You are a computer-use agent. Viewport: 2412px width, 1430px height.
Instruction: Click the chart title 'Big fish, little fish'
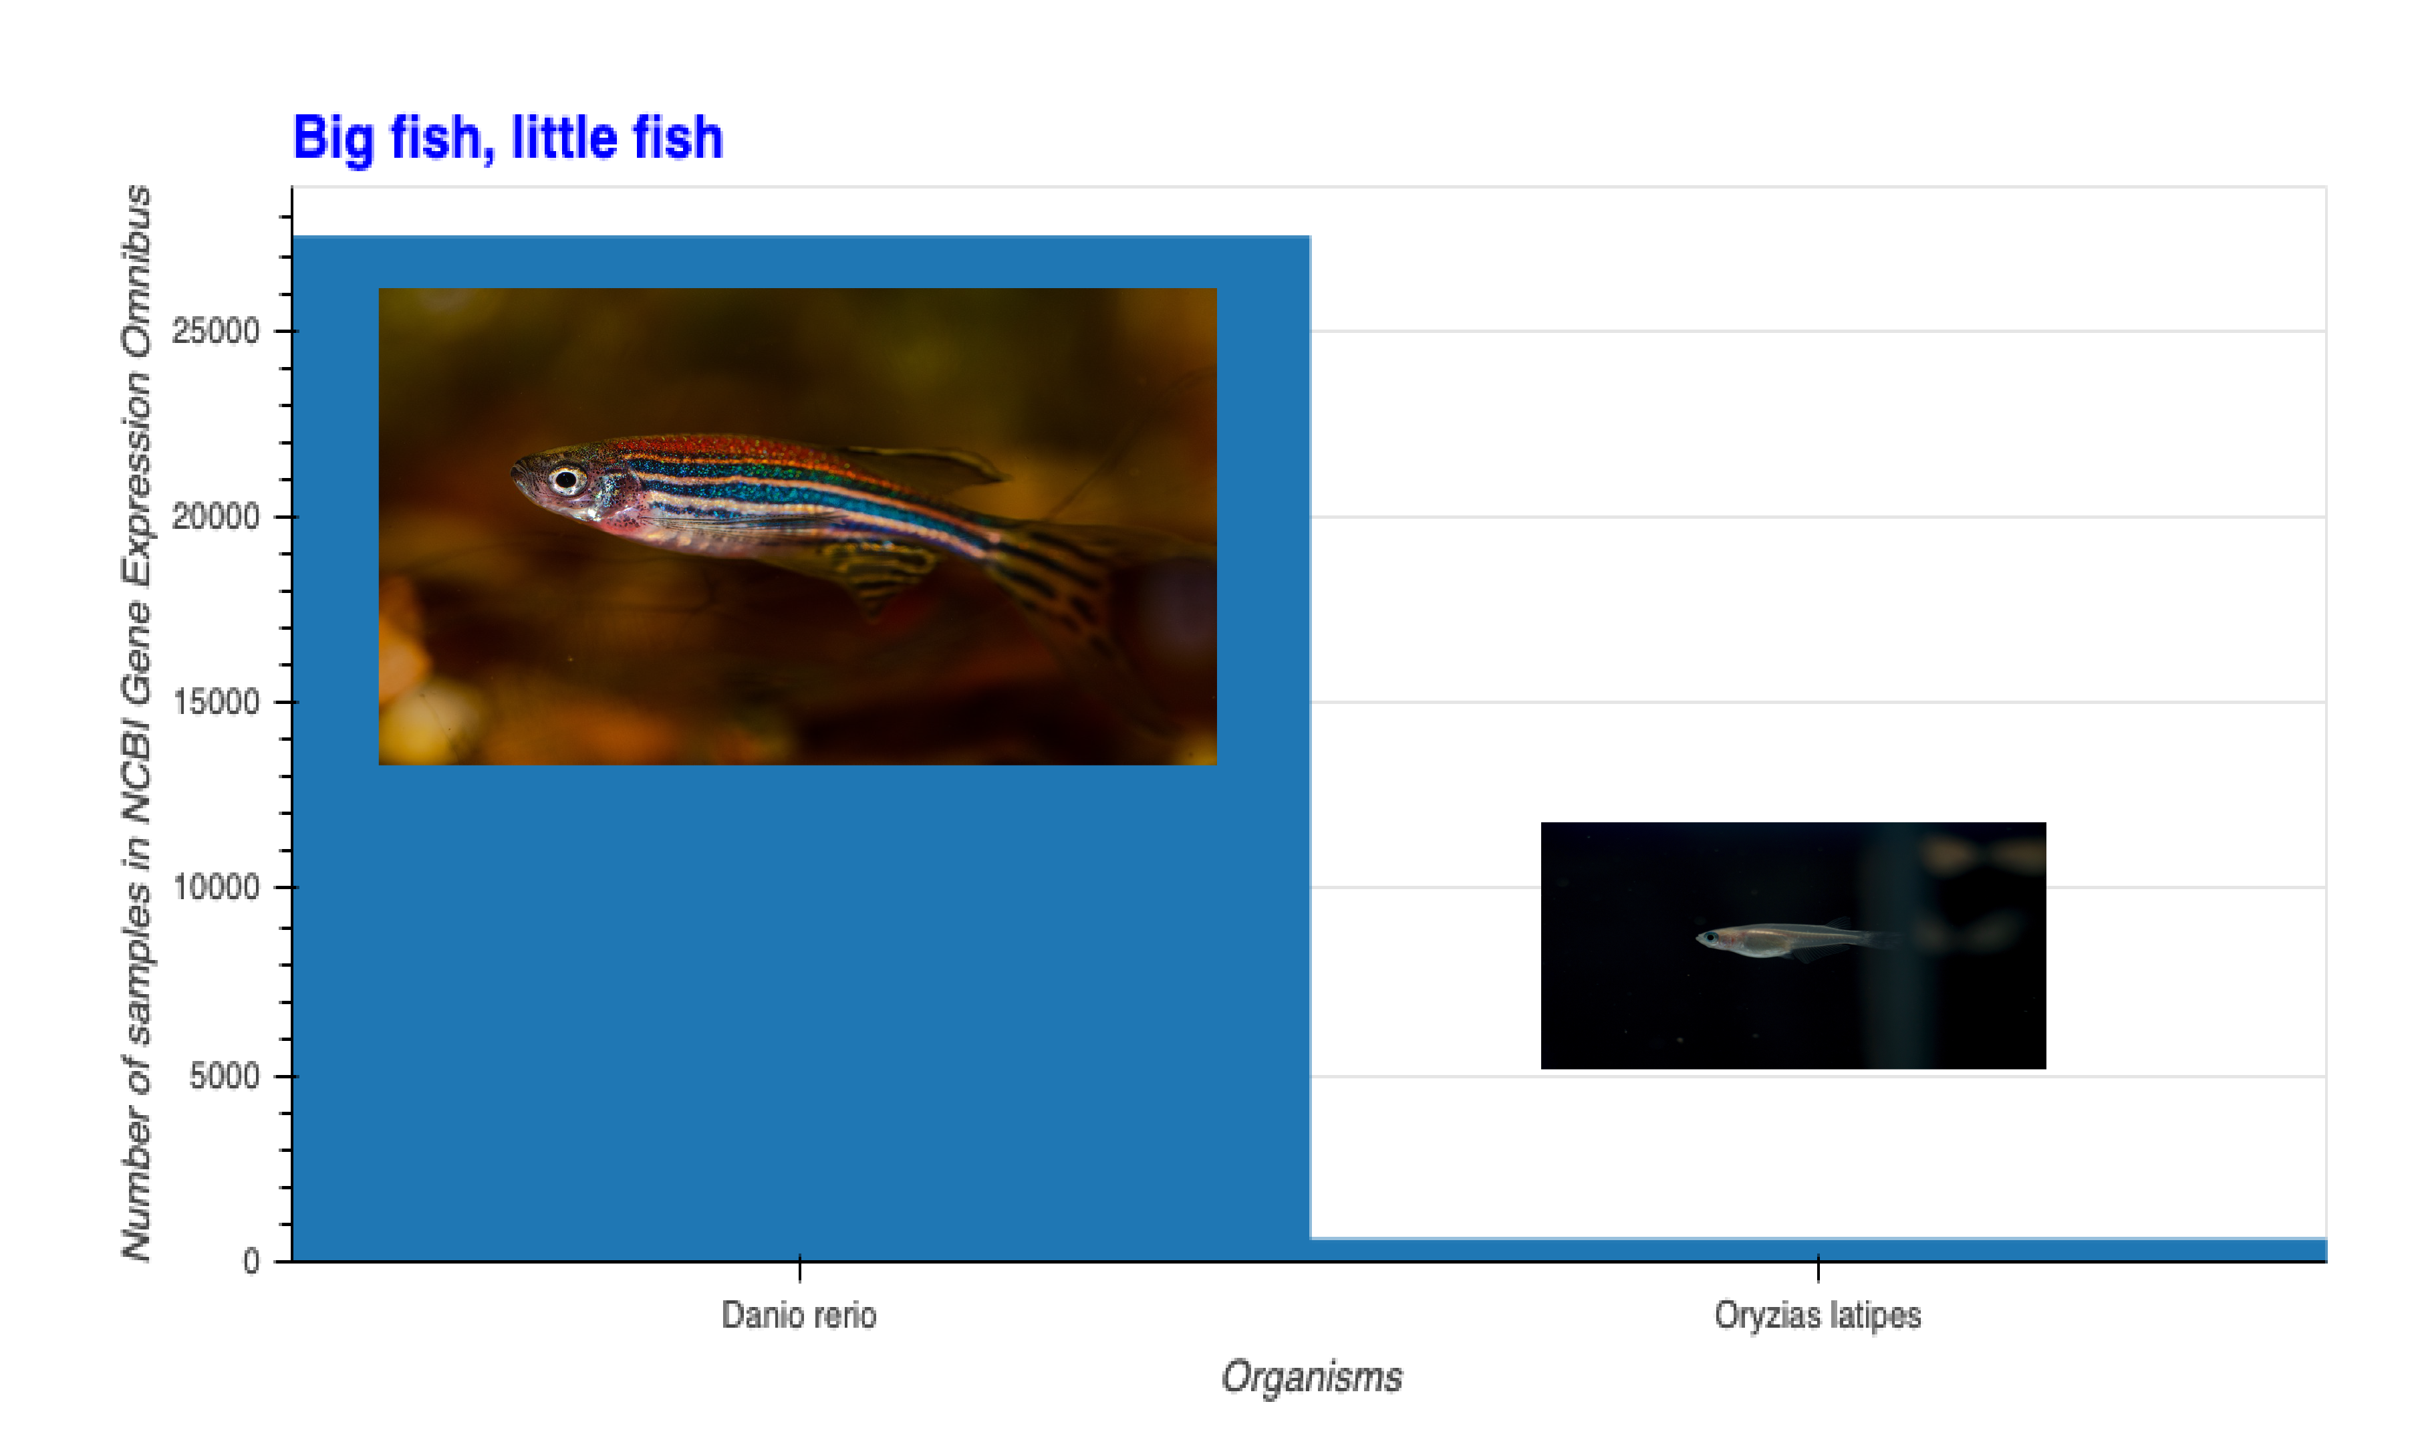pyautogui.click(x=508, y=138)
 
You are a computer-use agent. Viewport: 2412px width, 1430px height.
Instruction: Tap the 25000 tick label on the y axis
pyautogui.click(x=216, y=332)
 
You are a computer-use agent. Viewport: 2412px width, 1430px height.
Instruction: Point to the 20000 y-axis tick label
pyautogui.click(x=216, y=517)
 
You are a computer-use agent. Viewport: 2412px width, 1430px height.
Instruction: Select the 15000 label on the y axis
pyautogui.click(x=216, y=703)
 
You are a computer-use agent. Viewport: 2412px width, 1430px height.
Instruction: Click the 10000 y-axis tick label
pyautogui.click(x=216, y=888)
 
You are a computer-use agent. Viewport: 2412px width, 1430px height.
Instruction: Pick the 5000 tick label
pyautogui.click(x=225, y=1076)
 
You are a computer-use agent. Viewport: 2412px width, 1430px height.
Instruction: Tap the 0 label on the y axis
pyautogui.click(x=251, y=1262)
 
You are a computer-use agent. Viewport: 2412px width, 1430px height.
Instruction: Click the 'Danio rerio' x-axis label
pyautogui.click(x=799, y=1315)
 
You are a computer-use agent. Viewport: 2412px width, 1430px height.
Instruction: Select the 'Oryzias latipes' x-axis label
pyautogui.click(x=1818, y=1315)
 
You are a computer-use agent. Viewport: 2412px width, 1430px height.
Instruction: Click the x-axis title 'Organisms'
pyautogui.click(x=1311, y=1377)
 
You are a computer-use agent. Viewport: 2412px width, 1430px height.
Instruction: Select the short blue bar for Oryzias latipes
pyautogui.click(x=1818, y=1249)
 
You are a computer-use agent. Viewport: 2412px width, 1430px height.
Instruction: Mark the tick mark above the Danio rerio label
pyautogui.click(x=799, y=1268)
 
